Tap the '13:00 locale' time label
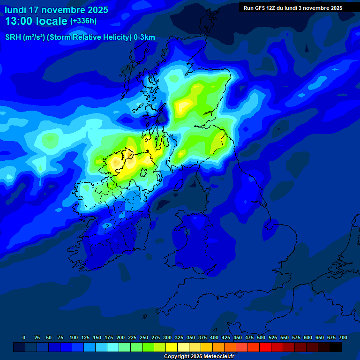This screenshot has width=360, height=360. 36,22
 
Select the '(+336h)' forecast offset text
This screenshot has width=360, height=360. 83,21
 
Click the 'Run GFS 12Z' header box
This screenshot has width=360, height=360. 292,7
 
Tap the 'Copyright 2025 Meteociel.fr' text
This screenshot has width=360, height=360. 199,356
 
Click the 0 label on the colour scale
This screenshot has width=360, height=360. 24,337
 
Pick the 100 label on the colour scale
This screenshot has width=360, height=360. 74,337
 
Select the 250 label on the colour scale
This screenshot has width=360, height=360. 144,337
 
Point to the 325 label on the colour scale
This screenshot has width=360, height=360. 179,337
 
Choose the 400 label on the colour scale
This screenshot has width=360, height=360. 214,337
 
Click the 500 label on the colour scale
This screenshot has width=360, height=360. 261,337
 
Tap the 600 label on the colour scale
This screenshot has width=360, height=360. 308,337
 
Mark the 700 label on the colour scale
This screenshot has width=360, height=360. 343,337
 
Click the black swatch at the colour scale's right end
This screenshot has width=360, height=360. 336,347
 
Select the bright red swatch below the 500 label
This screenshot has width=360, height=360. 265,347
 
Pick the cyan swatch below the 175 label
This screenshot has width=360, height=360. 113,347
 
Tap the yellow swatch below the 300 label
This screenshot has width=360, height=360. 172,347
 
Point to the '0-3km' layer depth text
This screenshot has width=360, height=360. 144,37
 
